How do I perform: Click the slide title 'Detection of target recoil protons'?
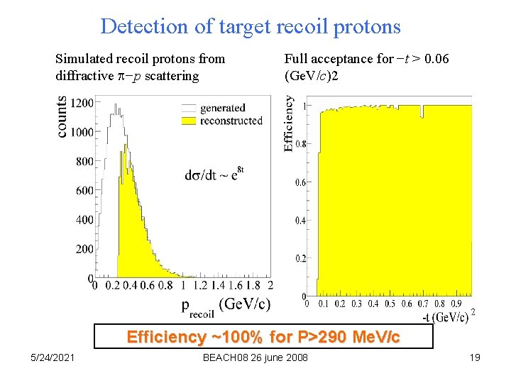pyautogui.click(x=251, y=27)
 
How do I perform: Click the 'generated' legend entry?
pyautogui.click(x=222, y=108)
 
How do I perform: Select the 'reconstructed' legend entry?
pyautogui.click(x=231, y=121)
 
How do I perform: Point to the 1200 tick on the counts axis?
pyautogui.click(x=82, y=103)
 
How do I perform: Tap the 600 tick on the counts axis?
pyautogui.click(x=84, y=190)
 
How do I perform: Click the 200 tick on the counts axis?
pyautogui.click(x=84, y=249)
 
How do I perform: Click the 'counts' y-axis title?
pyautogui.click(x=62, y=117)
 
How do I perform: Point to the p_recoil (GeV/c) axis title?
pyautogui.click(x=226, y=305)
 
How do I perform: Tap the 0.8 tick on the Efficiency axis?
pyautogui.click(x=301, y=144)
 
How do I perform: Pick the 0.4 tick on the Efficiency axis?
pyautogui.click(x=301, y=221)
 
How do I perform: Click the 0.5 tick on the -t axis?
pyautogui.click(x=390, y=304)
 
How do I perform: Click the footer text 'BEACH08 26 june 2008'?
pyautogui.click(x=255, y=357)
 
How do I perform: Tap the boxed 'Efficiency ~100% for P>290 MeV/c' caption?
pyautogui.click(x=263, y=337)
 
